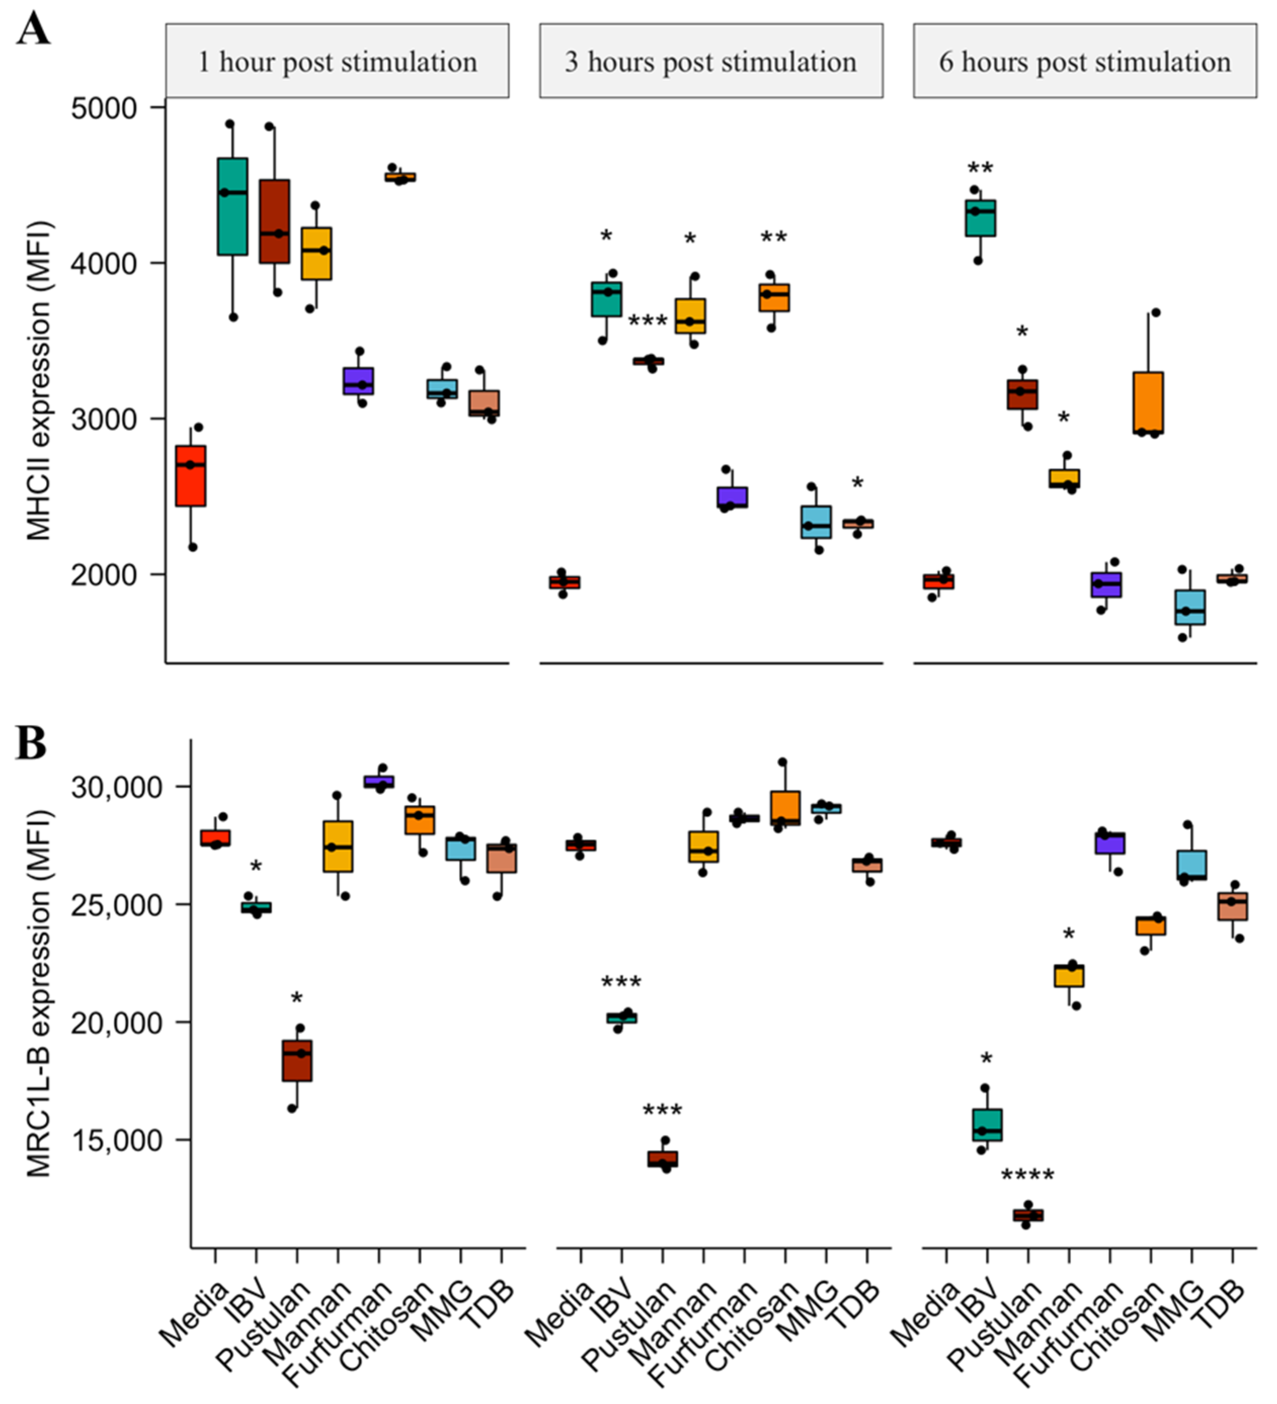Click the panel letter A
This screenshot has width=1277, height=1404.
[33, 29]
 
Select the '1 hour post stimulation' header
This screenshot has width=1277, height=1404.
[337, 61]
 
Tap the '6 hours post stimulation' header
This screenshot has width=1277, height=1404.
[1085, 61]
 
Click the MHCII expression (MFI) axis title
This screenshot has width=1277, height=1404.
[39, 381]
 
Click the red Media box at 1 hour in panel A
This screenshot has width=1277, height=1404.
[191, 476]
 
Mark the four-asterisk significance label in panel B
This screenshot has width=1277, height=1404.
[1027, 1176]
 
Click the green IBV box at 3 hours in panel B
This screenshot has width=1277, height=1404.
[622, 1017]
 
